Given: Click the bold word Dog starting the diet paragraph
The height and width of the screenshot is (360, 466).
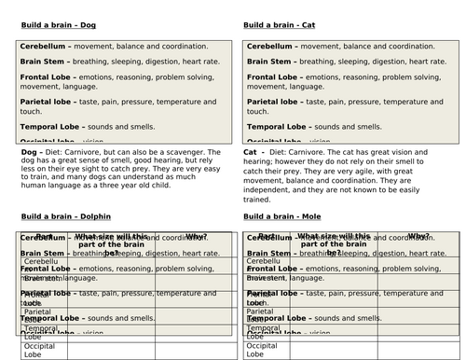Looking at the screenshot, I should coord(28,149).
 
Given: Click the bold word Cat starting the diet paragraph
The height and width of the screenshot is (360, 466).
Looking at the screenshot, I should coord(250,149).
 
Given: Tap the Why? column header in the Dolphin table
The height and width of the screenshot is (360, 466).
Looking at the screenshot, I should coord(197,236).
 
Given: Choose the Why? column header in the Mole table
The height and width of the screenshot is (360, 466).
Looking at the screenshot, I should coord(418,236).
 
